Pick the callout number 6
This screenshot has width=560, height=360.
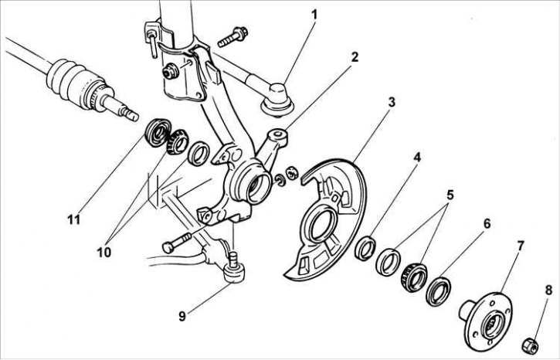[x=487, y=223]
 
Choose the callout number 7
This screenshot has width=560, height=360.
[x=521, y=246]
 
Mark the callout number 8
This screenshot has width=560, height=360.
[x=549, y=290]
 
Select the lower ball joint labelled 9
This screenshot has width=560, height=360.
[x=233, y=268]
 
